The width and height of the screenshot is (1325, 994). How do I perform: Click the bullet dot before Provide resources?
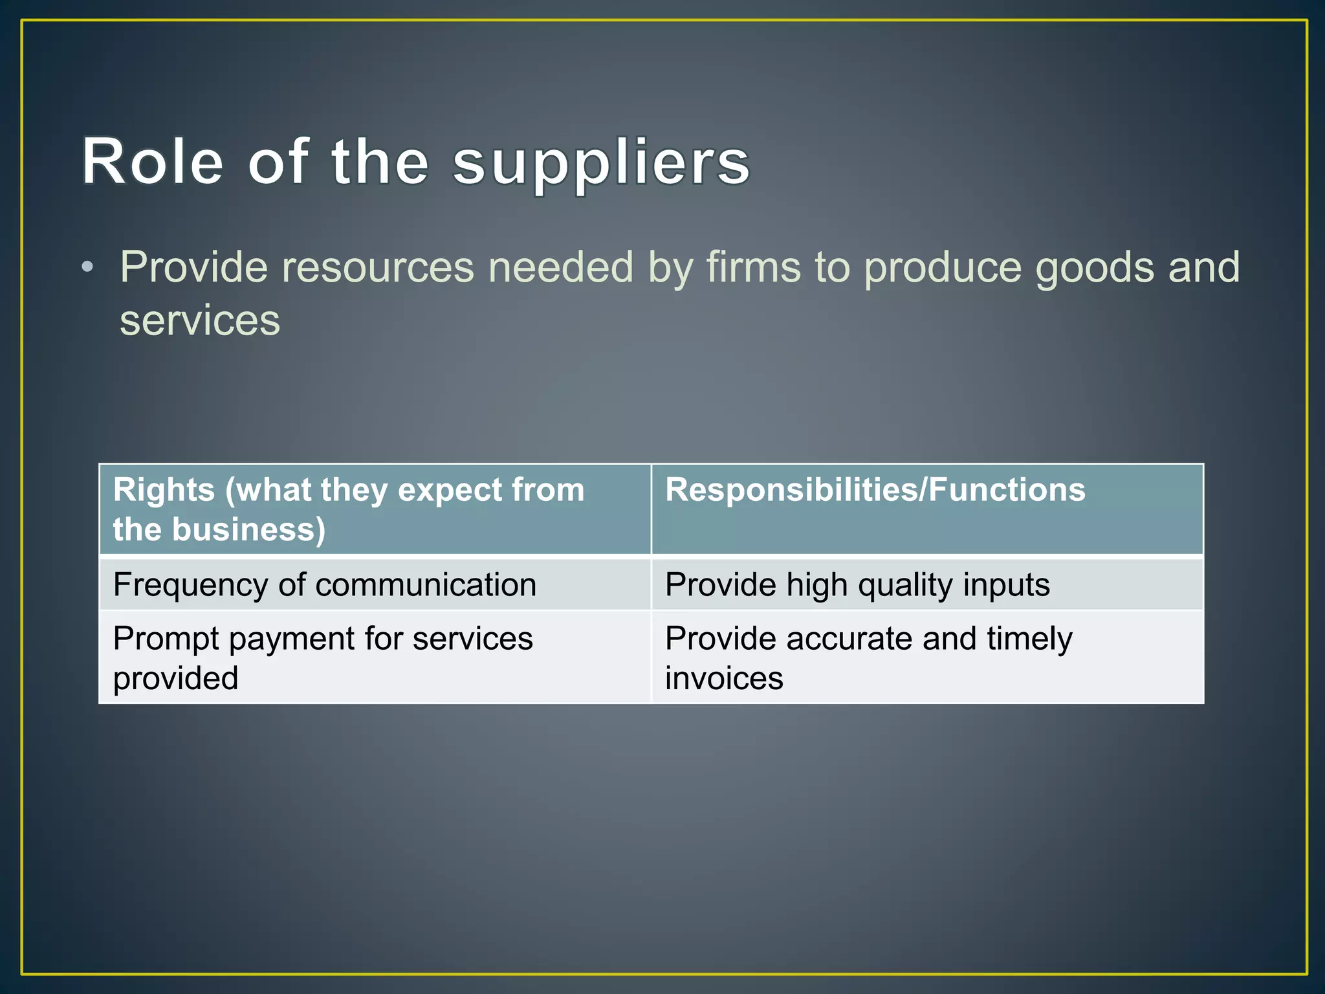(88, 267)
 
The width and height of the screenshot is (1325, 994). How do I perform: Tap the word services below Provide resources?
(200, 320)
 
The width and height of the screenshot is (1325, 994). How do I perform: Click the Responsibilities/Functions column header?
(875, 490)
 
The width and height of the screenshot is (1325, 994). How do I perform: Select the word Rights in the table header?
(164, 490)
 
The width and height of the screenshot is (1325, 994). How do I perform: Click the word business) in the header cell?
(248, 529)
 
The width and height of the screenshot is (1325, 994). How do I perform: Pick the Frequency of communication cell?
(324, 585)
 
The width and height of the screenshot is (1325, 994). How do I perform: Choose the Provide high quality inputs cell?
(857, 585)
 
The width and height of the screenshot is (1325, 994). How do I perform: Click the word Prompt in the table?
(166, 639)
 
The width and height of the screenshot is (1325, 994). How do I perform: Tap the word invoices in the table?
(724, 679)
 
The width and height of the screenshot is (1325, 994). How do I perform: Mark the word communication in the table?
(426, 585)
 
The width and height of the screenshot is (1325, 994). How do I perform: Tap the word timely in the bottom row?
(1029, 639)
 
